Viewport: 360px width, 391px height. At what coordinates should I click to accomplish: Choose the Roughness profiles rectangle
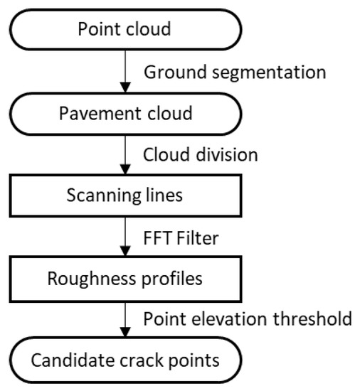pos(125,278)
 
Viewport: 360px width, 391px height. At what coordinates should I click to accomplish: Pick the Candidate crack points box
pos(125,360)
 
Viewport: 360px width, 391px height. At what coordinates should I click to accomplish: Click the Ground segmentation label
pos(235,73)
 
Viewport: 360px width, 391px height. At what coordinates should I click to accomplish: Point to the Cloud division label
pos(201,154)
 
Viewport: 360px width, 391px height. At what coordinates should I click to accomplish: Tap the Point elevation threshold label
pos(248,318)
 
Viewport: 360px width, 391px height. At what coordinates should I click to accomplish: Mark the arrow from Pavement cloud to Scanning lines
pos(125,155)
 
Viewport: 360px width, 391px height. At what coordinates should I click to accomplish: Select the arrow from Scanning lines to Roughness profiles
pos(125,237)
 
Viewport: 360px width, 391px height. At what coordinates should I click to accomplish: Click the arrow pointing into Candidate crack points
pos(125,318)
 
